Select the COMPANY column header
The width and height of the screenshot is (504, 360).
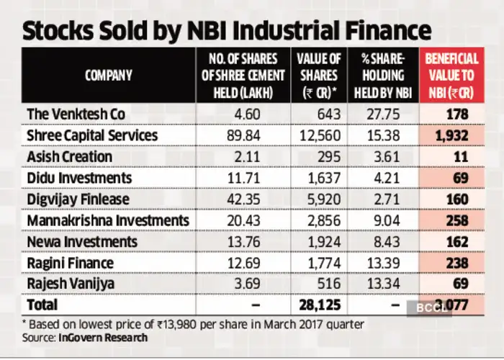[108, 75]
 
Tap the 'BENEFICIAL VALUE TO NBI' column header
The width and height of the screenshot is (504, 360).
[451, 75]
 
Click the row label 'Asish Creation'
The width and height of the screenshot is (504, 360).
[68, 156]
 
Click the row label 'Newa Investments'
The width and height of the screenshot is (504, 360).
[77, 241]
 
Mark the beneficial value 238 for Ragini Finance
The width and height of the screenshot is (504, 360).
[456, 262]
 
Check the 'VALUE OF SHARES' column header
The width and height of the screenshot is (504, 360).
[319, 75]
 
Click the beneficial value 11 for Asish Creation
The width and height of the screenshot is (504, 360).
[462, 156]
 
